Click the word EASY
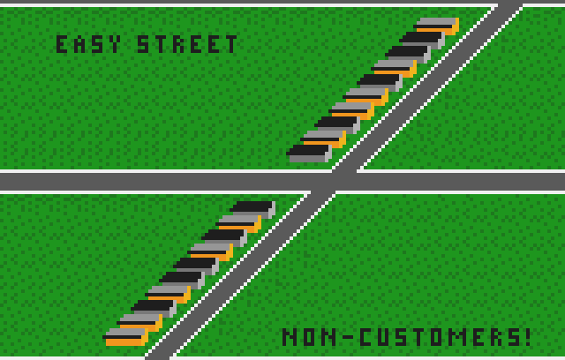(x=88, y=44)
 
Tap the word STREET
(x=187, y=44)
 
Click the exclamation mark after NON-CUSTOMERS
(x=528, y=337)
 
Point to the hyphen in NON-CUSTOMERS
(x=348, y=337)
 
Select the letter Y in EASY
(x=115, y=44)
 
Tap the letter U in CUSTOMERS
(x=383, y=337)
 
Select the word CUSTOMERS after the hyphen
(x=440, y=337)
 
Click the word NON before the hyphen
(x=310, y=337)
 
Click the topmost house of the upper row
(x=436, y=26)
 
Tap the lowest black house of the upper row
(x=309, y=154)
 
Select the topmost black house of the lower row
(x=252, y=210)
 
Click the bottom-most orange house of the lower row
(x=125, y=337)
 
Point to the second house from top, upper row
(x=422, y=41)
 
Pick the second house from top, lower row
(x=238, y=224)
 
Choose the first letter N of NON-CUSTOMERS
(x=288, y=337)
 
